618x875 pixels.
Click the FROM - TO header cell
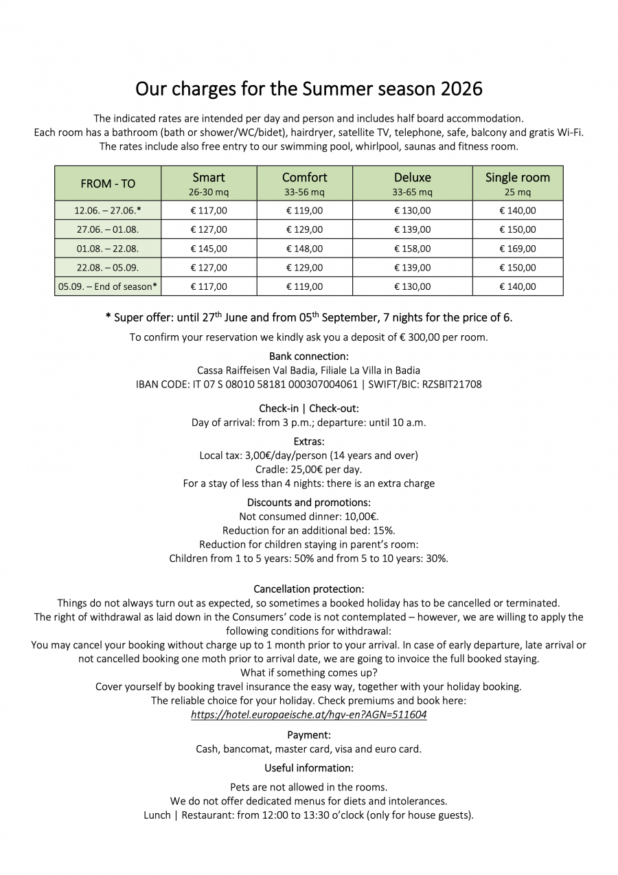pos(108,183)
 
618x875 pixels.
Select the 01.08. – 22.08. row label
pos(108,249)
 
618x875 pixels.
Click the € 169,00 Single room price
pos(517,249)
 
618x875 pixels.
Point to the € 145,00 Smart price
pos(209,249)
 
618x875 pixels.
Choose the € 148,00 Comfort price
pos(304,249)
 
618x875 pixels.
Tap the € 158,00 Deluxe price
pos(412,249)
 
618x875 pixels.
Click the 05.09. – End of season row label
pos(108,286)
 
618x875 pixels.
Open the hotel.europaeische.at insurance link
pos(309,714)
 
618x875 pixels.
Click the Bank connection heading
pos(309,356)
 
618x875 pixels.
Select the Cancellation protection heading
pos(309,589)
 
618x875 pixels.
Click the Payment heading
pos(309,735)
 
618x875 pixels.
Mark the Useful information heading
pos(309,768)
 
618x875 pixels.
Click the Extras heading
pos(309,441)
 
